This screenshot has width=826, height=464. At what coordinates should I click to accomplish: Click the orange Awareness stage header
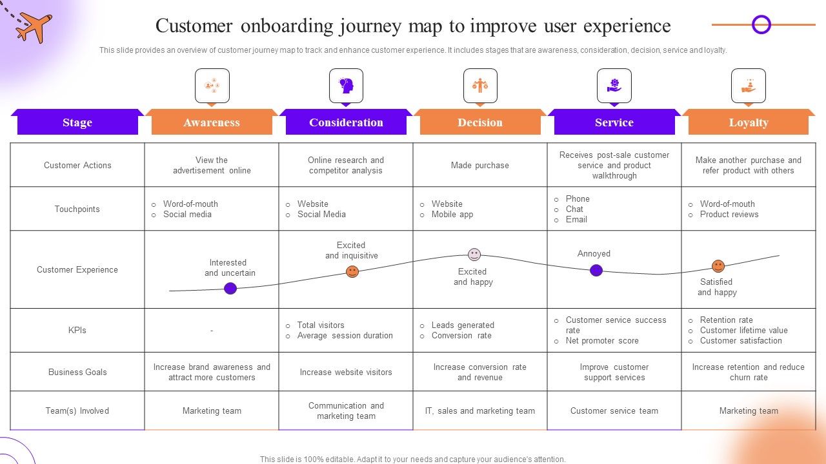tap(212, 122)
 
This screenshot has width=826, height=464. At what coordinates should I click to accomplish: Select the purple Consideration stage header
tap(346, 122)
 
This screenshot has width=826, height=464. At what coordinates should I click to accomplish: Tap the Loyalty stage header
tap(749, 122)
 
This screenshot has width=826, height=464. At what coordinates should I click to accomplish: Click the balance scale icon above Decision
tap(480, 86)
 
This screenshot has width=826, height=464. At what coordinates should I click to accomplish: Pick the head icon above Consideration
tap(346, 86)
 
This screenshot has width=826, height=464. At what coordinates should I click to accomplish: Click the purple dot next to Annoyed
tap(596, 270)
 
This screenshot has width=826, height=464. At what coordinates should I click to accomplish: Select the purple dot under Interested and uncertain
tap(230, 288)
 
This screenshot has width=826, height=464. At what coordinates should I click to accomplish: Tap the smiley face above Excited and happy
tap(474, 255)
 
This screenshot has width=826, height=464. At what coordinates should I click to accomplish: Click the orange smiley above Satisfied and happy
tap(718, 266)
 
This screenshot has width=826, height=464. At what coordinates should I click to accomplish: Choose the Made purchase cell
tap(480, 166)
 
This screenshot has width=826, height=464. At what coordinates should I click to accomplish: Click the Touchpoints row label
tap(77, 209)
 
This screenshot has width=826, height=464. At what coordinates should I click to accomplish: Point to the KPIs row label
tap(77, 330)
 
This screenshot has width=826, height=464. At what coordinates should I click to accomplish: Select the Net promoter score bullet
tap(601, 341)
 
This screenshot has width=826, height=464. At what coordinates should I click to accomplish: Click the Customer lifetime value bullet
tap(743, 331)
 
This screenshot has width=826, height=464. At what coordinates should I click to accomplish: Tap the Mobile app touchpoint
tap(452, 215)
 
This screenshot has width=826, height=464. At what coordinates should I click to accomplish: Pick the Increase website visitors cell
tap(346, 372)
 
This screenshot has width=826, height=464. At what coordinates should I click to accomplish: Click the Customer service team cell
tap(614, 411)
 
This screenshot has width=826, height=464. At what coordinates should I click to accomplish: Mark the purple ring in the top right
tap(761, 25)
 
